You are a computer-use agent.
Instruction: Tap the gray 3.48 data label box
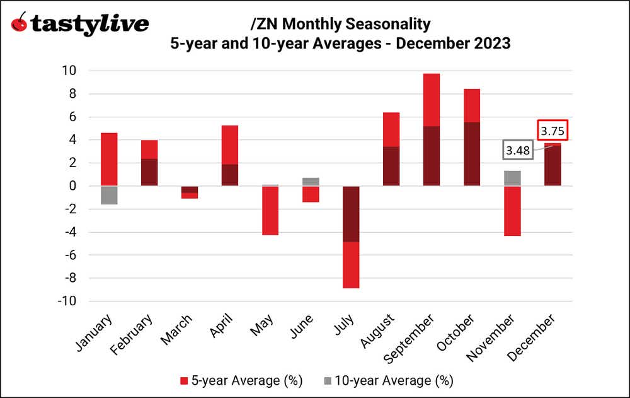517,151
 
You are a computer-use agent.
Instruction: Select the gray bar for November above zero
512,178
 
